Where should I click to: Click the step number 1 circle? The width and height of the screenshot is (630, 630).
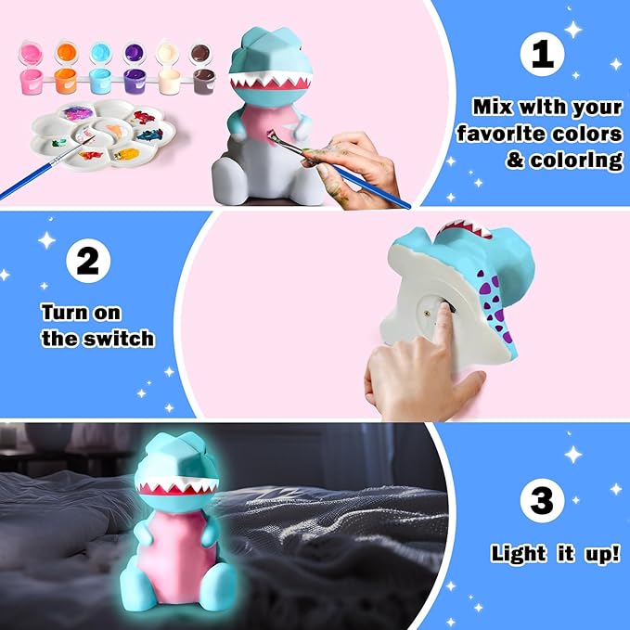(x=543, y=57)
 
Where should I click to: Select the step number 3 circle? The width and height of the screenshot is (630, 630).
(x=542, y=502)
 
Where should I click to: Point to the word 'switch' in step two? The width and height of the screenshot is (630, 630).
(x=115, y=339)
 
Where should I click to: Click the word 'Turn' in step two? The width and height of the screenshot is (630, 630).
(x=67, y=313)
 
